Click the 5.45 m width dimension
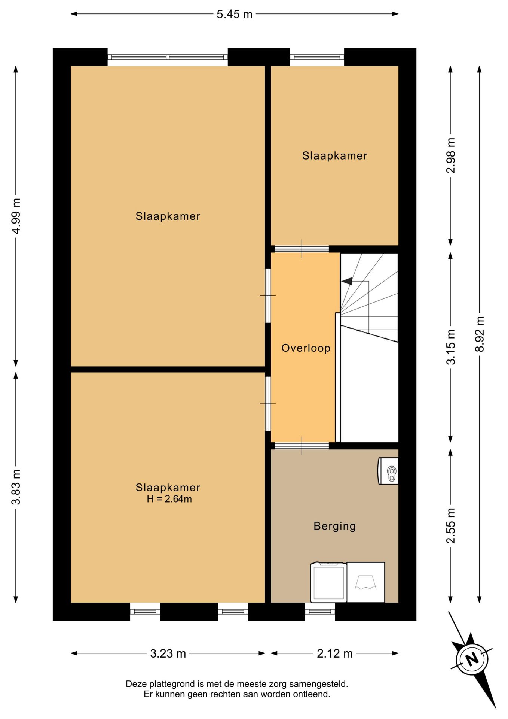(235, 14)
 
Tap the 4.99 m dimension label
(16, 216)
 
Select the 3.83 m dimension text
(16, 486)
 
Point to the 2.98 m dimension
(451, 155)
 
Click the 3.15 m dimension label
(451, 347)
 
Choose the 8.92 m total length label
(480, 334)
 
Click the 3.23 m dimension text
(168, 653)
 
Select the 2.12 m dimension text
(335, 653)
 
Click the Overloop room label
(306, 348)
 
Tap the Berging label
(335, 526)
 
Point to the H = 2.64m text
(169, 499)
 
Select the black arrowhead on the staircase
(346, 281)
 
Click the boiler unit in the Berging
(388, 471)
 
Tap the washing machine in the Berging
(328, 582)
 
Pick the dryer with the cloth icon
(365, 582)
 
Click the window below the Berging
(320, 612)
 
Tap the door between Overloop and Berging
(302, 446)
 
